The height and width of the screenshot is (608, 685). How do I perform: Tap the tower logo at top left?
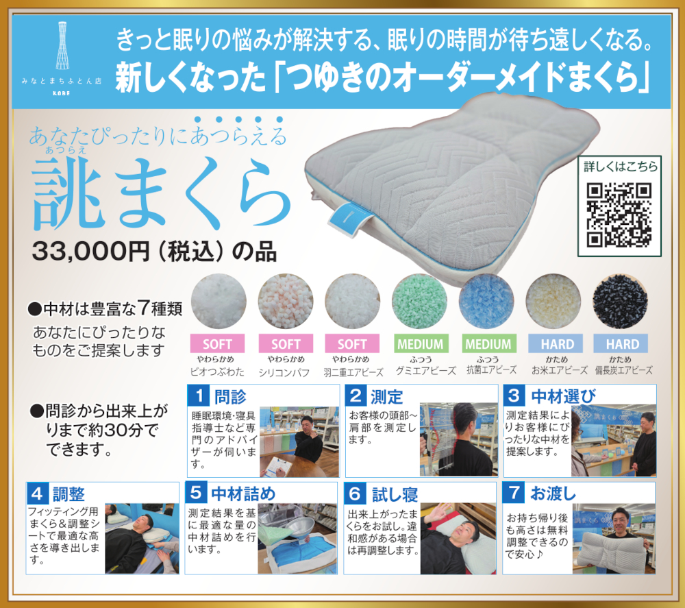[62, 45]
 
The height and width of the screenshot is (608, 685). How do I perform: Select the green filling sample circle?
[419, 301]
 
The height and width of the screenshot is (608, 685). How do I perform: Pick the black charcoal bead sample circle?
[621, 301]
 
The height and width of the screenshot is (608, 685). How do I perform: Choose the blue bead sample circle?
[486, 301]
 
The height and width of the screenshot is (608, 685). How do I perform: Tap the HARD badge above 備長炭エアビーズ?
[621, 343]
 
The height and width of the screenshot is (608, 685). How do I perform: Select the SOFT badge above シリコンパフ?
[286, 343]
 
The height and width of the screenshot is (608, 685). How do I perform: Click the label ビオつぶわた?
[217, 372]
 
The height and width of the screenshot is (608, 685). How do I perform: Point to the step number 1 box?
[199, 396]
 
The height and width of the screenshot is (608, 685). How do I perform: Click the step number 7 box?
[514, 493]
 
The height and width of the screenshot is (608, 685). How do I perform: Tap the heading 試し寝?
[395, 494]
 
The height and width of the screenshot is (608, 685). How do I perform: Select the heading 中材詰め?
[243, 494]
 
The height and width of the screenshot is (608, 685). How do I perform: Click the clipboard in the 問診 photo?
[278, 467]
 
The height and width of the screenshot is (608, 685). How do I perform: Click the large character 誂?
[68, 193]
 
